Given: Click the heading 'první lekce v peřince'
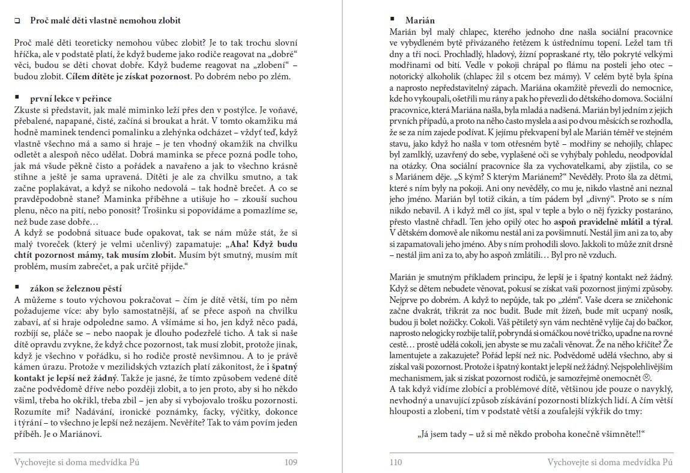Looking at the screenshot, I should point(71,99).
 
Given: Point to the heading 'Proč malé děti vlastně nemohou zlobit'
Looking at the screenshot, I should point(105,20).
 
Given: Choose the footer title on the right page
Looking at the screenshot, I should point(610,462).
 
